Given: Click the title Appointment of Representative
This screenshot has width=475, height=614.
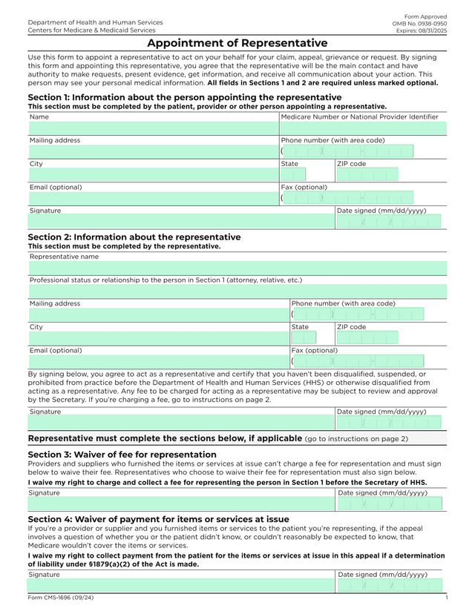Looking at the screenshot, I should (x=237, y=43).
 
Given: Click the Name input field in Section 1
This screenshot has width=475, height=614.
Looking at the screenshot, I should (x=153, y=128).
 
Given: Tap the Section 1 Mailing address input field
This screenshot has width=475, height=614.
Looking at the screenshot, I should (x=153, y=151).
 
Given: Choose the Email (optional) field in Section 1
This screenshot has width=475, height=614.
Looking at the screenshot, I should (x=153, y=198).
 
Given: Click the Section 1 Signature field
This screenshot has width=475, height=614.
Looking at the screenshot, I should (x=181, y=221).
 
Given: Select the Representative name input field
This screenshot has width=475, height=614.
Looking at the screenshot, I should (x=237, y=268).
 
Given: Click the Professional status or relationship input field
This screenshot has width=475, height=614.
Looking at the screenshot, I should (x=237, y=291).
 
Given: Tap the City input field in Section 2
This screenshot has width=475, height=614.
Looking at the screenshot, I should (x=158, y=337).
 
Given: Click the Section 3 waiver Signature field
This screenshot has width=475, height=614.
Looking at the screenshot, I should (x=181, y=504).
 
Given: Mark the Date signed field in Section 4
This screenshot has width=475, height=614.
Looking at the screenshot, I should (x=389, y=586).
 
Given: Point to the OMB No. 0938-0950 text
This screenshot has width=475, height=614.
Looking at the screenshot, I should (x=419, y=24).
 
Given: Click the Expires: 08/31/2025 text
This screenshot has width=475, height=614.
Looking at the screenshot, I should (x=421, y=30).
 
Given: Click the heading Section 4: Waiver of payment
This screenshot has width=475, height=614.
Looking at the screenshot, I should (x=158, y=519).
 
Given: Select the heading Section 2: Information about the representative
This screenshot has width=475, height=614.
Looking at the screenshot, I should (x=134, y=237).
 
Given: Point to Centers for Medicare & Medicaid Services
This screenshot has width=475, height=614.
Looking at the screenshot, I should (x=91, y=30).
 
